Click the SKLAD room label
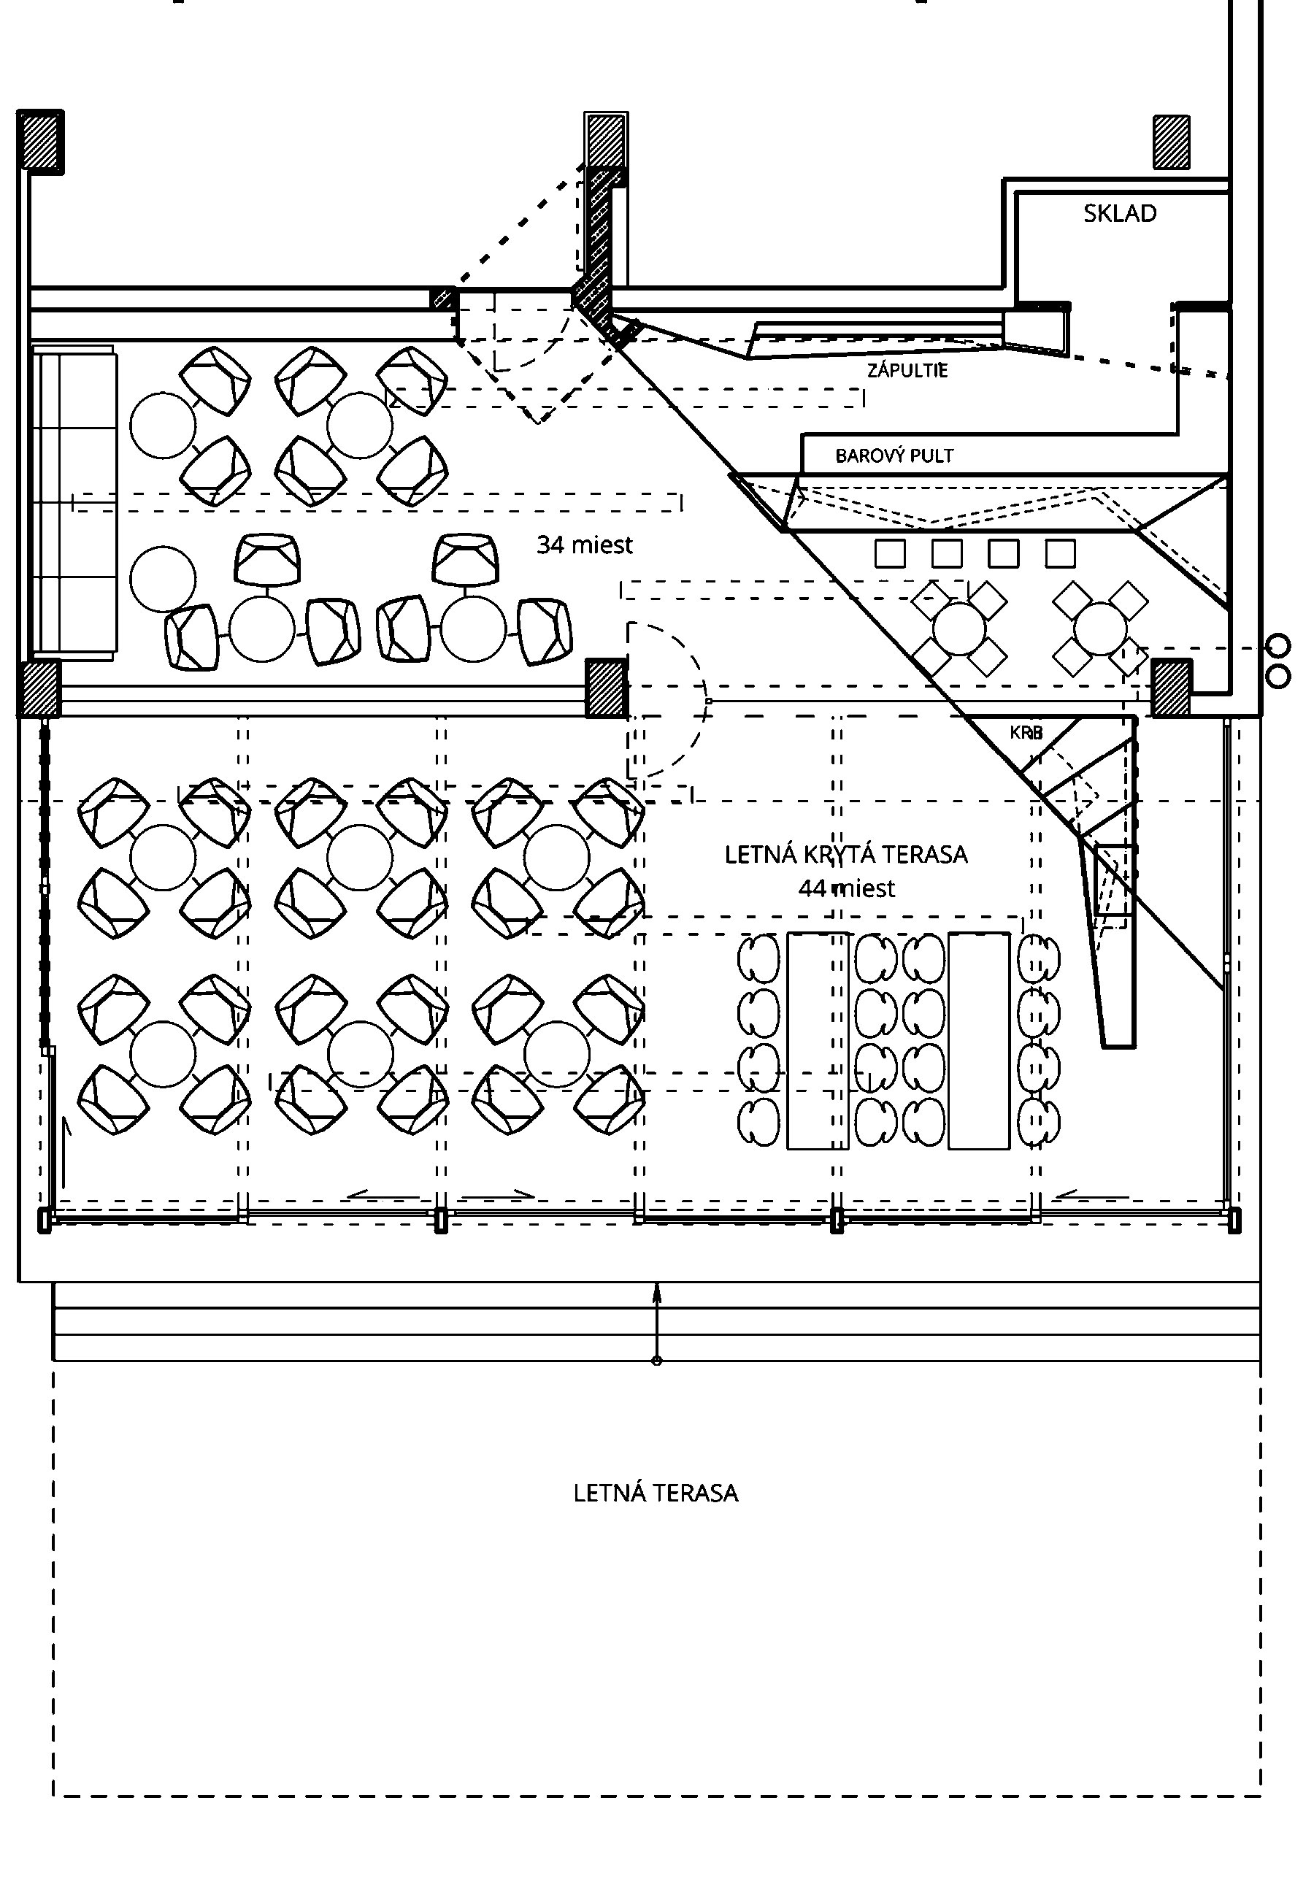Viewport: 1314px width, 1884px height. (1120, 213)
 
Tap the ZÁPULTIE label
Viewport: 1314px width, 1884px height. (907, 370)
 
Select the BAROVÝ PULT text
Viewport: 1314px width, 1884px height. (894, 455)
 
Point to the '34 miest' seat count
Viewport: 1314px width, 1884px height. (584, 544)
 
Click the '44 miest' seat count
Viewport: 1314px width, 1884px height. (846, 888)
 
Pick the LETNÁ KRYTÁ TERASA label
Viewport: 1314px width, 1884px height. (845, 854)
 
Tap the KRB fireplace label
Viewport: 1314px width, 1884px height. (1026, 732)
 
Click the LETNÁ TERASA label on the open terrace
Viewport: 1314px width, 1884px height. (656, 1493)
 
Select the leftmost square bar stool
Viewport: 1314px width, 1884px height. (890, 554)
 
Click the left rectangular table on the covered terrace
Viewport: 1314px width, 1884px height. (818, 1040)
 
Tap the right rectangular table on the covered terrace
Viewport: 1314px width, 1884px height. (978, 1040)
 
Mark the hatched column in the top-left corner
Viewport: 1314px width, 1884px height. (40, 141)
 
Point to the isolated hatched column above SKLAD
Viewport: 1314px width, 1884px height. (1171, 142)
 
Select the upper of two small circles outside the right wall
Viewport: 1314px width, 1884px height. (1279, 647)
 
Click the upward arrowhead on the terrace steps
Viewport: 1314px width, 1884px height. (656, 1293)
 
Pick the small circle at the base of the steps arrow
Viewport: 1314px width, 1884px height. (656, 1361)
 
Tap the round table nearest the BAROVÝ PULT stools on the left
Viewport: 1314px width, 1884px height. (958, 628)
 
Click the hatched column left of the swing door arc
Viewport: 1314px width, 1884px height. (606, 688)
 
